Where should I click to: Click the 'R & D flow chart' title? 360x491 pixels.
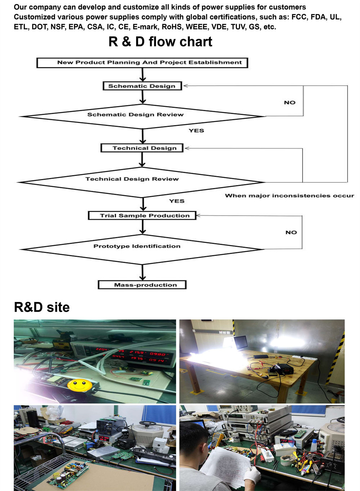coord(160,42)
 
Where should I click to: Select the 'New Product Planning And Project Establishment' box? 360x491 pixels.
coord(143,63)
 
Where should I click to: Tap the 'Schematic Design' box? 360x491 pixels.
coord(142,86)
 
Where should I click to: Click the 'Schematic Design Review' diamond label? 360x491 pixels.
coord(135,115)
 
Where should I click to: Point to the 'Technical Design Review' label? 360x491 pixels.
coord(132,179)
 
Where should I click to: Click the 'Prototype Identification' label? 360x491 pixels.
coord(137,246)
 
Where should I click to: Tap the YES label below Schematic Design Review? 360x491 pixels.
coord(196,131)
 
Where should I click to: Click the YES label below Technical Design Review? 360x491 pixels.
coord(177,201)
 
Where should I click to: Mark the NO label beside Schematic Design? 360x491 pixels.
coord(290,103)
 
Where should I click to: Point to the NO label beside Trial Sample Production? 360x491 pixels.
coord(291,232)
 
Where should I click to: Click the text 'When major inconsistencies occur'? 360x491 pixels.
coord(289,196)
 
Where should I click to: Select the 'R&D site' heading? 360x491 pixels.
coord(42,307)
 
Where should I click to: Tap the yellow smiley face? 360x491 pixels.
coord(80,385)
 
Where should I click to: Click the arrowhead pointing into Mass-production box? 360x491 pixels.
coord(143,278)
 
